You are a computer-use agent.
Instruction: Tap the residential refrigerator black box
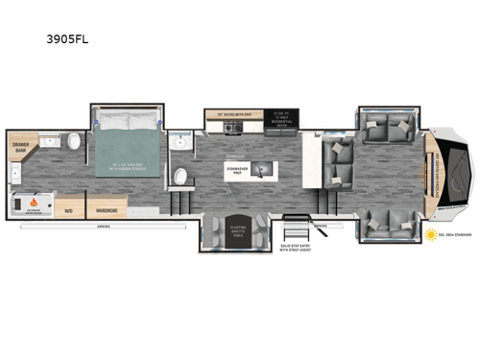coord(282,116)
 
